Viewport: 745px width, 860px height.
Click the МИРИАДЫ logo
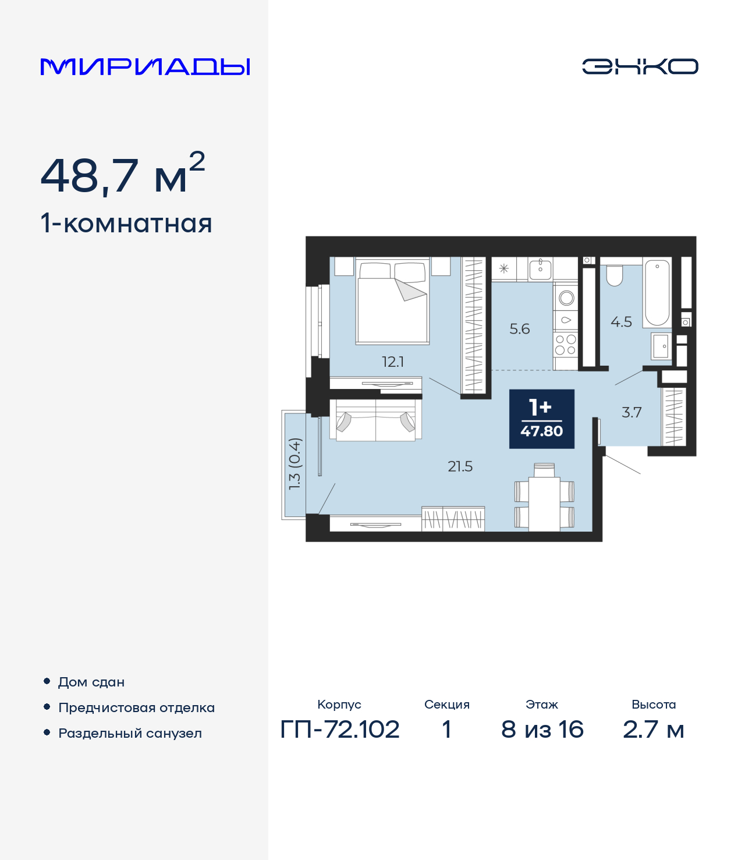tap(145, 67)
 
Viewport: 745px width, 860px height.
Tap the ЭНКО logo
tap(640, 66)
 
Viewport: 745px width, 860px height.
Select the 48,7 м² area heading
tap(123, 175)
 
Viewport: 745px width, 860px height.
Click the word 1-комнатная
tap(126, 224)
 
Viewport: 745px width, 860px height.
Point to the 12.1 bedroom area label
tap(393, 362)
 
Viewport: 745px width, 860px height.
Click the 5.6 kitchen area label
tap(520, 329)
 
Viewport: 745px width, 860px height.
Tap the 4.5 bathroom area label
tap(621, 321)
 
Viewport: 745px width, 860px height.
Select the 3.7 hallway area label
tap(632, 412)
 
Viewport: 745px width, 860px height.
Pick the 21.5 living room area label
tap(460, 466)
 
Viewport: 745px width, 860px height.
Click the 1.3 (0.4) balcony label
tap(295, 464)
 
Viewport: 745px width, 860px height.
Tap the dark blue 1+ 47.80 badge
tap(542, 419)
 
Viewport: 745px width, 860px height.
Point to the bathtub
tap(657, 292)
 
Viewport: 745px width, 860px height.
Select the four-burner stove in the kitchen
tap(565, 345)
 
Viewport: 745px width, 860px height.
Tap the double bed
tap(393, 303)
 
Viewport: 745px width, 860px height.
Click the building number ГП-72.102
tap(340, 729)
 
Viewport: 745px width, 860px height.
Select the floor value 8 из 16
tap(542, 729)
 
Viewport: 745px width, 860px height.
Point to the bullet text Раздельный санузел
tap(130, 733)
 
